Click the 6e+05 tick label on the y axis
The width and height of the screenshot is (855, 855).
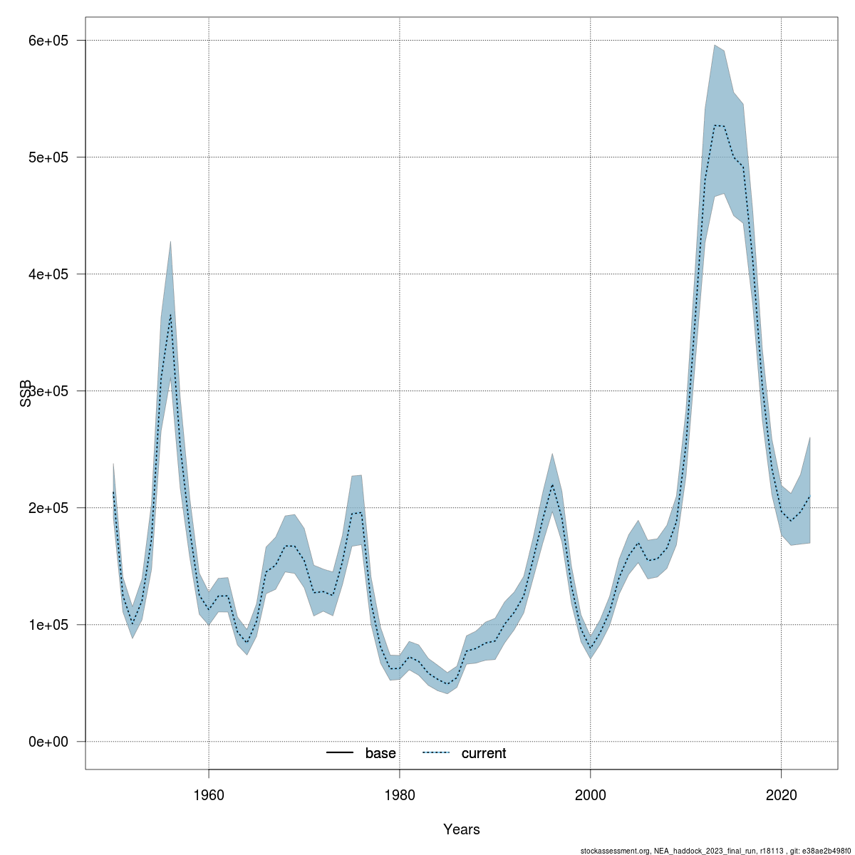[47, 41]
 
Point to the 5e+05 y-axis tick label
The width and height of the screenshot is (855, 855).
[47, 157]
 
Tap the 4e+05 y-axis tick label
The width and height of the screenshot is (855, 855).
[47, 274]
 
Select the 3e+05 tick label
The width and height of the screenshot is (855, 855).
[47, 391]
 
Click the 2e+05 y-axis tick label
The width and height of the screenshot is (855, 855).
[47, 508]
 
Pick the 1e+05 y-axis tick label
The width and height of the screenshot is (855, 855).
[47, 625]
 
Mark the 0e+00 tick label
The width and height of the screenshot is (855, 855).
[47, 742]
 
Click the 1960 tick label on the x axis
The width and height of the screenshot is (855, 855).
[209, 793]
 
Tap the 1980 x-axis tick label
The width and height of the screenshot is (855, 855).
[400, 793]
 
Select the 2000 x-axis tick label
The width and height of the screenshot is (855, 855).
[591, 793]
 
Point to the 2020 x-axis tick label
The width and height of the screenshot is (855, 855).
[782, 793]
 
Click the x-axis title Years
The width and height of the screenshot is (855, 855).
[462, 829]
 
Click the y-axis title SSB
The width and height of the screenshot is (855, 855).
[26, 393]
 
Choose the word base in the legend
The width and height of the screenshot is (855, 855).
[380, 753]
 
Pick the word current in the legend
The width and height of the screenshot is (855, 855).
[484, 753]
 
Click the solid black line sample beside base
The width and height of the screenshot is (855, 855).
[341, 753]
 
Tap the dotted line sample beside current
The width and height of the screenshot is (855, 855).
[437, 753]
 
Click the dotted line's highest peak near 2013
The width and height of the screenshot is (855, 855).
[715, 125]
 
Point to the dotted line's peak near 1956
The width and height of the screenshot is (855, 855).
[170, 313]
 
